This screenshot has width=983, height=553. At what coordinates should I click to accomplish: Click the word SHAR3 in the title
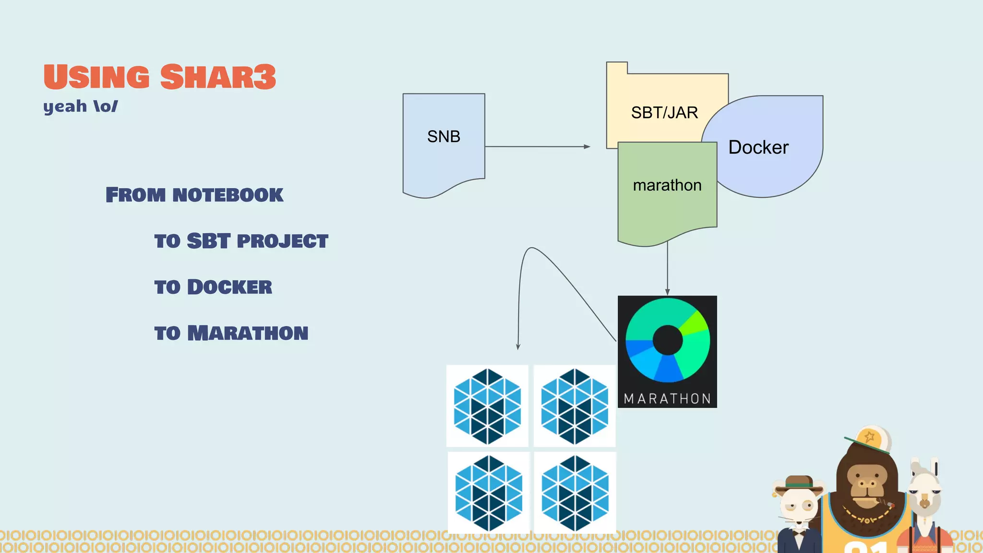point(218,77)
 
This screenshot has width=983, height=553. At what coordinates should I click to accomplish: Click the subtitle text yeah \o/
point(80,106)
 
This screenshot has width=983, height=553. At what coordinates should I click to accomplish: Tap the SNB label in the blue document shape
point(444,137)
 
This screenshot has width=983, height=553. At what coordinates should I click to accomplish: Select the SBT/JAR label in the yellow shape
point(664,113)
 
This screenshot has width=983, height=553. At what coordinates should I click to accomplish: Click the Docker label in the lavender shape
point(758,147)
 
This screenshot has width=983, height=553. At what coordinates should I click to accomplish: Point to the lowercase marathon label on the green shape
point(667,185)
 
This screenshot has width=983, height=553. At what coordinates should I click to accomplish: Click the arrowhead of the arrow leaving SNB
point(587,146)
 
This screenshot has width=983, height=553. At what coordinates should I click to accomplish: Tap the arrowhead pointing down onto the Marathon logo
point(667,292)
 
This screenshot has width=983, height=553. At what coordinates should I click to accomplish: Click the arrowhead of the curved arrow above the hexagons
point(518,346)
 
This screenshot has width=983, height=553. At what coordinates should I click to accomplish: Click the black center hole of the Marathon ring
point(668,340)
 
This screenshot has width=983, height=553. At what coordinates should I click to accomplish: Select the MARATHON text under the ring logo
point(667,399)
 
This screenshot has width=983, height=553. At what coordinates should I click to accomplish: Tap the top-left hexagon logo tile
point(487,406)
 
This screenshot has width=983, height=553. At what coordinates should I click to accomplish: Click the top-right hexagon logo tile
point(575,406)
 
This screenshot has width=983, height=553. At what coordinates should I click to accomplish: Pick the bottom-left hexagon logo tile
point(489,493)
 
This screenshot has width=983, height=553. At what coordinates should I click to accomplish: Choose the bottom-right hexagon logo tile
point(575,493)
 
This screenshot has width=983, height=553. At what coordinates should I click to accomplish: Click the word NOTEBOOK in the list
point(228,195)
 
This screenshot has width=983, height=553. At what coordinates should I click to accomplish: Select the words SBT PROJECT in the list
point(257,241)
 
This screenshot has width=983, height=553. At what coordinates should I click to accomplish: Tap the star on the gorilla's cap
point(869,437)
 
